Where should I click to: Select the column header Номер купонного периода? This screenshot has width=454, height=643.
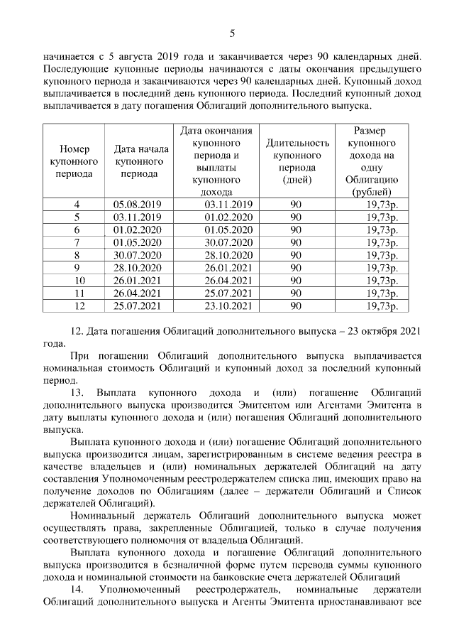pos(74,161)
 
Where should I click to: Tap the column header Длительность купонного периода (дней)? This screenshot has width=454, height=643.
pos(297,161)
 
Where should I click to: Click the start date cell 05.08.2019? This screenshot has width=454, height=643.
pos(138,205)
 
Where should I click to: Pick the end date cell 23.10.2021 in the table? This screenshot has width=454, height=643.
pos(228,306)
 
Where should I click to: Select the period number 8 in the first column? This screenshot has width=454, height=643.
pos(76,256)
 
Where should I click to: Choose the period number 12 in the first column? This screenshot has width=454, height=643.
pos(76,306)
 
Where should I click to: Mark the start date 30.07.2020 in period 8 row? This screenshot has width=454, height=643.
pos(138,256)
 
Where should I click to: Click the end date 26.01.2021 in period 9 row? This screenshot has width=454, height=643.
pos(228,268)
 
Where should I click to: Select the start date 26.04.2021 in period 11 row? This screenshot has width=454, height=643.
pos(138,293)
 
